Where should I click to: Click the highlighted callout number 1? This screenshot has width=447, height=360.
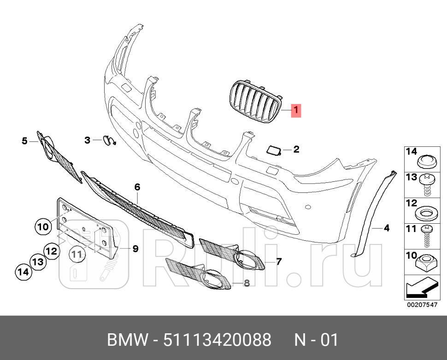296,110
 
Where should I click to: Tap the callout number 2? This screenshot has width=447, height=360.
296,149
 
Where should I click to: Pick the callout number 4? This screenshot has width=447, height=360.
386,227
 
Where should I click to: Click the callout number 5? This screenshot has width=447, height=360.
25,140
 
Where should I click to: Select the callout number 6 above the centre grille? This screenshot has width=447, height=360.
137,187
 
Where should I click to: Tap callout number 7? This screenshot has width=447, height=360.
279,261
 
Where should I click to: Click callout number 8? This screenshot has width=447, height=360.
247,283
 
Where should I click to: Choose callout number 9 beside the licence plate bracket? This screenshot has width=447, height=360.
135,249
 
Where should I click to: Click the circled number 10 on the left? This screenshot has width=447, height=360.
43,226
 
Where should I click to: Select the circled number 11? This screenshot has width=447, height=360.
76,253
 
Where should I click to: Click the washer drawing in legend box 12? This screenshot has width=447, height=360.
425,213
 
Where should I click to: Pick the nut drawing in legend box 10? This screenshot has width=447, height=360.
425,264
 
